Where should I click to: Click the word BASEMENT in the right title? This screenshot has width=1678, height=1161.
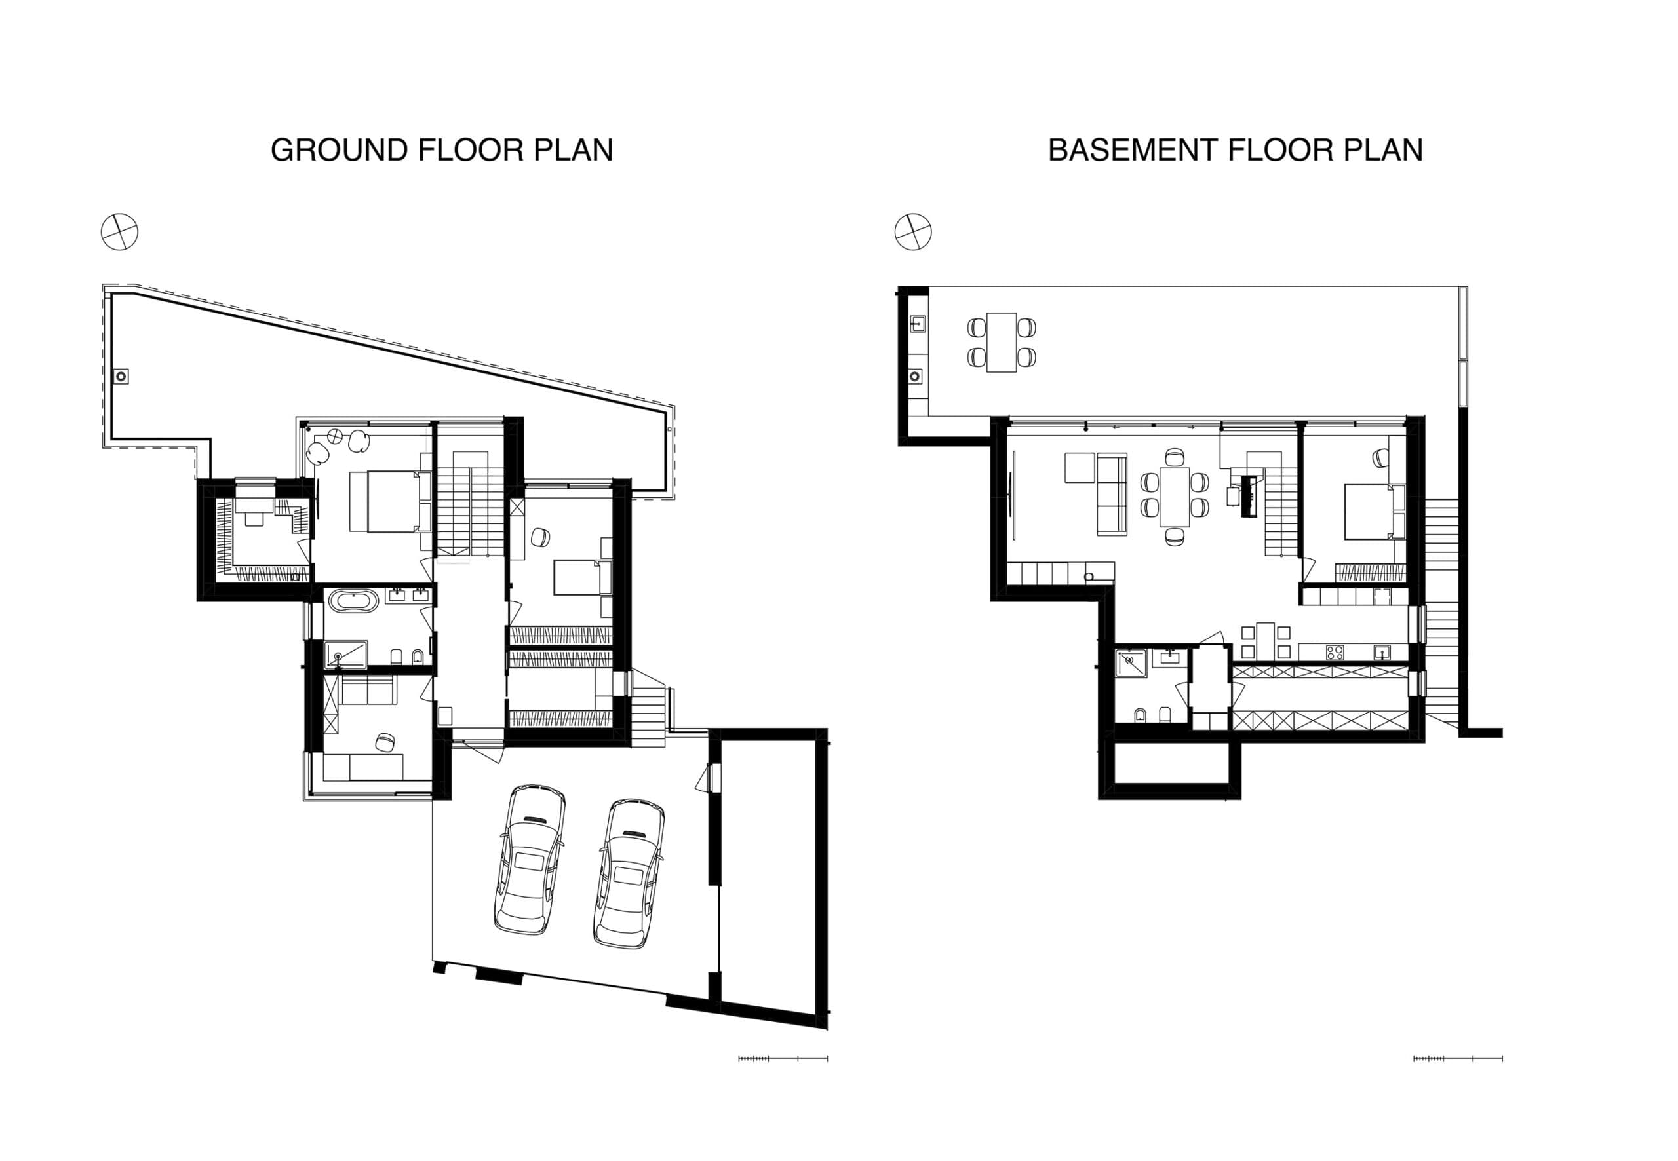click(1131, 150)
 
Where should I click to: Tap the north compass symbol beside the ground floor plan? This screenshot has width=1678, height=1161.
click(119, 232)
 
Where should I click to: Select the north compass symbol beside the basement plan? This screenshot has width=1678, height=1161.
click(912, 232)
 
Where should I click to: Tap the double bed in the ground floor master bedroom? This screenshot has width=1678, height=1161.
click(385, 502)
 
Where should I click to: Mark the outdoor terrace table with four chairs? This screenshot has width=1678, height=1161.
click(1002, 342)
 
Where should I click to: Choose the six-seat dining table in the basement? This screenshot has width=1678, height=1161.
click(1175, 497)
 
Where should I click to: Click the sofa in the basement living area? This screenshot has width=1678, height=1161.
click(1111, 495)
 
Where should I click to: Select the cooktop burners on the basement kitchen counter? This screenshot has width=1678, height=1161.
click(1335, 653)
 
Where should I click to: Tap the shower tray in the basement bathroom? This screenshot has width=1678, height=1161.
click(1131, 662)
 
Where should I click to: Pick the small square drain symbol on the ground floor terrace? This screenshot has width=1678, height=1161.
click(121, 377)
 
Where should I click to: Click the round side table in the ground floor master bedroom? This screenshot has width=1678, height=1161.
click(335, 436)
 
